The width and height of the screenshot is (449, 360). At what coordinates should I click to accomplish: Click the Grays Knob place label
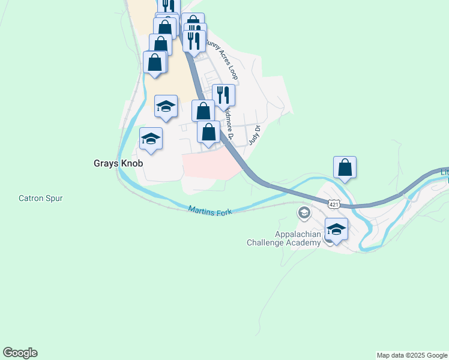coord(118,163)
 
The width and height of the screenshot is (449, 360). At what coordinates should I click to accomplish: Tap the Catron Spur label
coord(41,198)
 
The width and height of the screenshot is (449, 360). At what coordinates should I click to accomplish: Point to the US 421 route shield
coord(334,205)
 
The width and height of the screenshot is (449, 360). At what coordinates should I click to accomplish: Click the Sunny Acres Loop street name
coord(222,59)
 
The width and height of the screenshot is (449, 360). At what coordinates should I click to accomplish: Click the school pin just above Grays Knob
coord(166,107)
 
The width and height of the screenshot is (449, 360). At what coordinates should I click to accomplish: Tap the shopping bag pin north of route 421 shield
coord(345,167)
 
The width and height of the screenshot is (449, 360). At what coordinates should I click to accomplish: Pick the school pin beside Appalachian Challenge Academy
coord(336,230)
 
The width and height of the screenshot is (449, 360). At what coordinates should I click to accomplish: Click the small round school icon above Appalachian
coord(304,213)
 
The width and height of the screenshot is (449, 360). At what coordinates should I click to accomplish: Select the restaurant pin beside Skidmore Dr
coord(223,96)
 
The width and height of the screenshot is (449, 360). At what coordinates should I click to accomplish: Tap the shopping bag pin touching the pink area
coord(208,133)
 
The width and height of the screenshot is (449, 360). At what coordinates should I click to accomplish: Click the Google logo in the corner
coord(20,353)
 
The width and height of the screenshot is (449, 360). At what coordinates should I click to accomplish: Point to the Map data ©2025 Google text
coord(412,355)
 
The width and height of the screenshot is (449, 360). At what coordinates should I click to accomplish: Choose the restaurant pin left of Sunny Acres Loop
coord(194,41)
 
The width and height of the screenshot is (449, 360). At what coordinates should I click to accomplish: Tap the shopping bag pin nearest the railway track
coord(155,63)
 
